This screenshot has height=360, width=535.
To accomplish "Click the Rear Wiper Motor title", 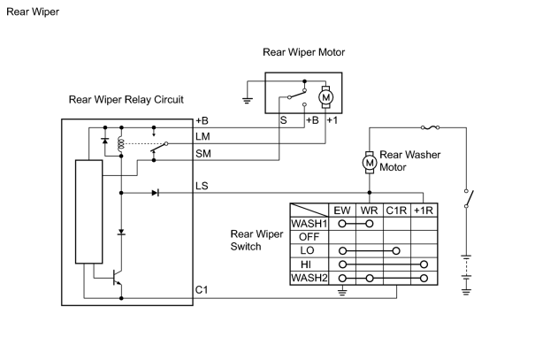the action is (x=303, y=52).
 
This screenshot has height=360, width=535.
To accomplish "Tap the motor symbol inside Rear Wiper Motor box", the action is (x=325, y=97).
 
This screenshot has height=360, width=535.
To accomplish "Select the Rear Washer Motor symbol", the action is (x=370, y=163).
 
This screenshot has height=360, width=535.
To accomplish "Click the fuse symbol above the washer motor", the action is (x=431, y=127).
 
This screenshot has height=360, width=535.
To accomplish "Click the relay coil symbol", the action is (x=120, y=144).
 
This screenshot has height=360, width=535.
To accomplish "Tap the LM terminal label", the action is (x=203, y=136).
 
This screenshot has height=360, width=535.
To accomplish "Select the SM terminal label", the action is (x=203, y=154).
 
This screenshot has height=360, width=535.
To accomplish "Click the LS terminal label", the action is (x=202, y=186).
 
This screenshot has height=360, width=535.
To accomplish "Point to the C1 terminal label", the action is (x=202, y=290).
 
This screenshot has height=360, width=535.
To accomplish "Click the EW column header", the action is (x=342, y=211).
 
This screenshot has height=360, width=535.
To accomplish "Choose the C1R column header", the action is (x=396, y=211).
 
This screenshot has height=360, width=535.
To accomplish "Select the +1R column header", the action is (x=424, y=211).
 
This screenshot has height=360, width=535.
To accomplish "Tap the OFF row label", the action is (x=309, y=237).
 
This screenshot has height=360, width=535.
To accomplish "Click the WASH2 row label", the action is (x=309, y=278).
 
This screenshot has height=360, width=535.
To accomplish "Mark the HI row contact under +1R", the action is (x=424, y=264).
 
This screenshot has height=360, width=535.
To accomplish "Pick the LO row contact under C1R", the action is (x=396, y=251).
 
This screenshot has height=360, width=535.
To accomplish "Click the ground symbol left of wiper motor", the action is (x=248, y=100).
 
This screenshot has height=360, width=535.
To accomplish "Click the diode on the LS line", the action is (x=156, y=193).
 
